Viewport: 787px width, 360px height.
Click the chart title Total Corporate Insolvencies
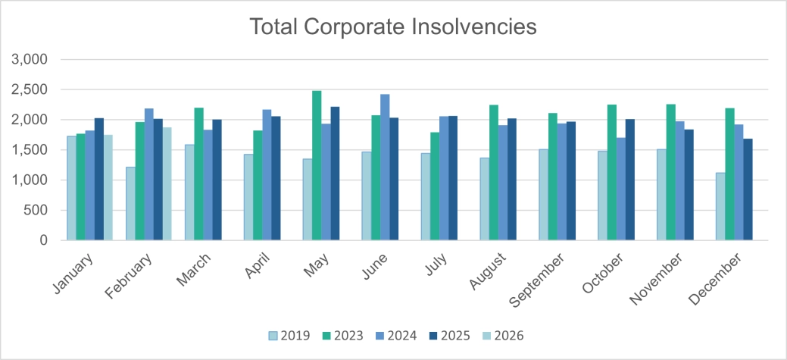[393, 27]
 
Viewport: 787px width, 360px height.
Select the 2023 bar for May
[317, 166]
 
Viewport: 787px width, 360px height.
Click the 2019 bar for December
[720, 207]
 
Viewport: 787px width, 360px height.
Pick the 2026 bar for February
[167, 184]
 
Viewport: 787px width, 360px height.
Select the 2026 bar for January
[108, 188]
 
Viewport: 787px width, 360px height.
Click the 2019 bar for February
[131, 204]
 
